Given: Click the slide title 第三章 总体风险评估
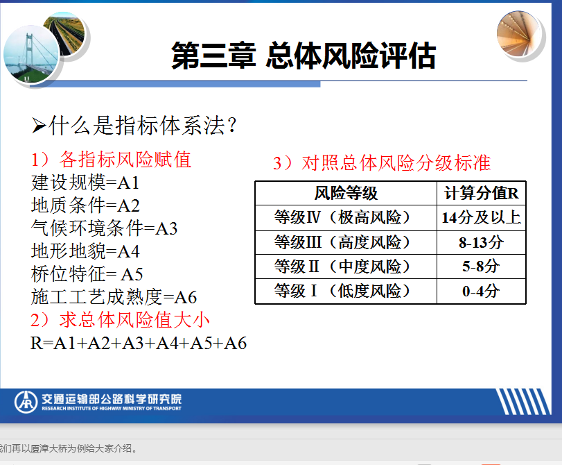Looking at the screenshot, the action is [304, 56].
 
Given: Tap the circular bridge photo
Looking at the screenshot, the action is [31, 54].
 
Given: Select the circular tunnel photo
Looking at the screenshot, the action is [518, 34].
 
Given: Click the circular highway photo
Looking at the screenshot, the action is [64, 33].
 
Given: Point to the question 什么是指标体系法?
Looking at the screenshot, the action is [134, 126].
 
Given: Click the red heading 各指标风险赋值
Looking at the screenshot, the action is [125, 160].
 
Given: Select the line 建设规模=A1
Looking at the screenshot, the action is [85, 183].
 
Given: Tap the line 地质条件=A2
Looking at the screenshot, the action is [85, 205].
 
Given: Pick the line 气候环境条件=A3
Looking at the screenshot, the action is [105, 228].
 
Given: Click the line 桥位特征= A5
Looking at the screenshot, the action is [87, 274].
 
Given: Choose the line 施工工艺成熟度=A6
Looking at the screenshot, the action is [114, 297].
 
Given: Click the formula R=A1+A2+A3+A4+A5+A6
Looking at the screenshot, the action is [139, 343].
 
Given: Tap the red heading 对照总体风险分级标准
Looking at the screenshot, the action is [396, 163].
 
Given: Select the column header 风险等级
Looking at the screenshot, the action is [346, 193].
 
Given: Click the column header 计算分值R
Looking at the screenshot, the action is [482, 193].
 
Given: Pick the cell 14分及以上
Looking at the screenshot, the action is [482, 217].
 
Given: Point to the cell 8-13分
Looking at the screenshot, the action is [482, 242].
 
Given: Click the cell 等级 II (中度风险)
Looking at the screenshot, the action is [342, 267].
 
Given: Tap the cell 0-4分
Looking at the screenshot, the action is [481, 291].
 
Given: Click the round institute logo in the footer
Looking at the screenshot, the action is [26, 402].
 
